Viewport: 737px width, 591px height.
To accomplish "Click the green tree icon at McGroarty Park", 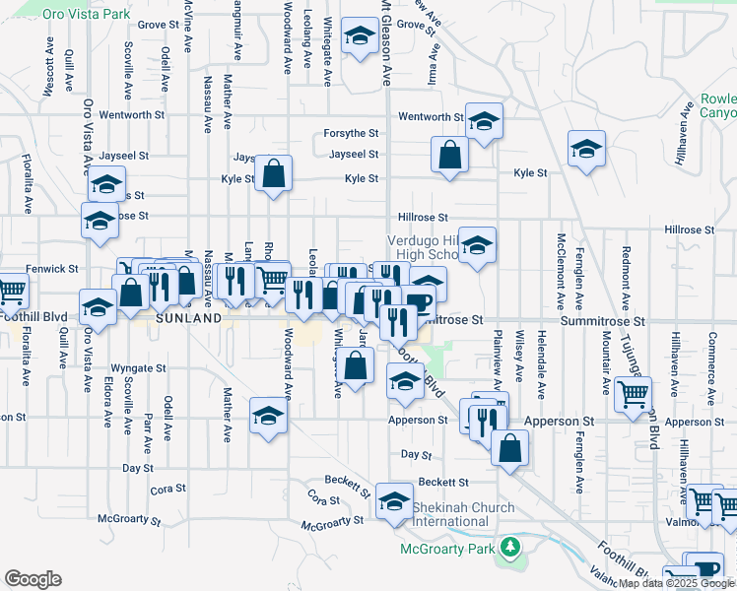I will (x=509, y=546).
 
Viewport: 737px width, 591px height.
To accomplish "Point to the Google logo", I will (x=33, y=579).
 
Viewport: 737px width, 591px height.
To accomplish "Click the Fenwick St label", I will (x=53, y=268).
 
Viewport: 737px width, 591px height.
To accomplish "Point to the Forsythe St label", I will (x=352, y=133).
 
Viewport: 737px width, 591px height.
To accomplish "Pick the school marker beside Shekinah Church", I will (x=394, y=501).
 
